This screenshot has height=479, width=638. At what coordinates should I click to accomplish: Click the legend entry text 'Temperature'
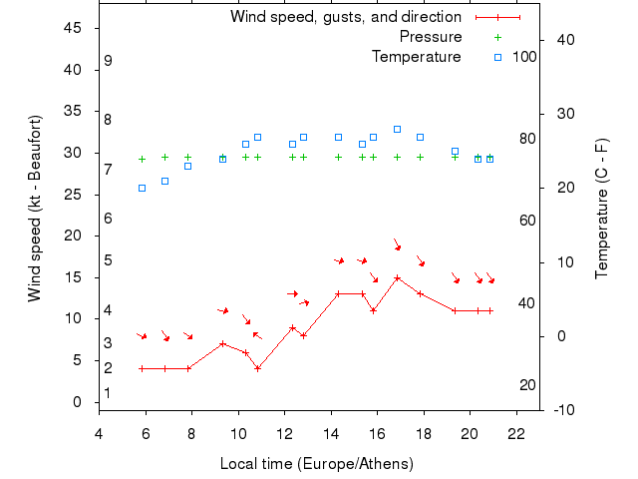(417, 57)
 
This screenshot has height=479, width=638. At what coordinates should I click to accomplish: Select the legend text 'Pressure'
(431, 37)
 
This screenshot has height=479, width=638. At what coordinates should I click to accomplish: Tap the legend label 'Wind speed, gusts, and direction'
(346, 17)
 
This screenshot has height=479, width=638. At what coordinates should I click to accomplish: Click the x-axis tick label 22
(516, 433)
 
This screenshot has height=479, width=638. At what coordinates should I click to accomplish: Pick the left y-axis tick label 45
(73, 28)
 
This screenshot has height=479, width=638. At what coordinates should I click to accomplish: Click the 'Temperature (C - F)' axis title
(602, 209)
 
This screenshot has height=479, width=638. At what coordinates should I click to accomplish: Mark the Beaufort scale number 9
(108, 61)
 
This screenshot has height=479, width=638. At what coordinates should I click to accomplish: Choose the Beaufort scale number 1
(108, 393)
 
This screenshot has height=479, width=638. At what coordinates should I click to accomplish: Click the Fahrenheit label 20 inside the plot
(528, 385)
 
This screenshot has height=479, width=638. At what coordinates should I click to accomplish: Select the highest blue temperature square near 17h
(397, 129)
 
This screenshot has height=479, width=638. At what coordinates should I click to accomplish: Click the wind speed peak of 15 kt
(397, 277)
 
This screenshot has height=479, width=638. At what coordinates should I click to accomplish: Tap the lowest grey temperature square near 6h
(142, 188)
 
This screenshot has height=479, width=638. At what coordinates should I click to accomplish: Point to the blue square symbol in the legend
(497, 57)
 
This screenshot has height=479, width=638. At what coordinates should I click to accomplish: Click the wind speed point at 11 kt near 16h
(374, 310)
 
